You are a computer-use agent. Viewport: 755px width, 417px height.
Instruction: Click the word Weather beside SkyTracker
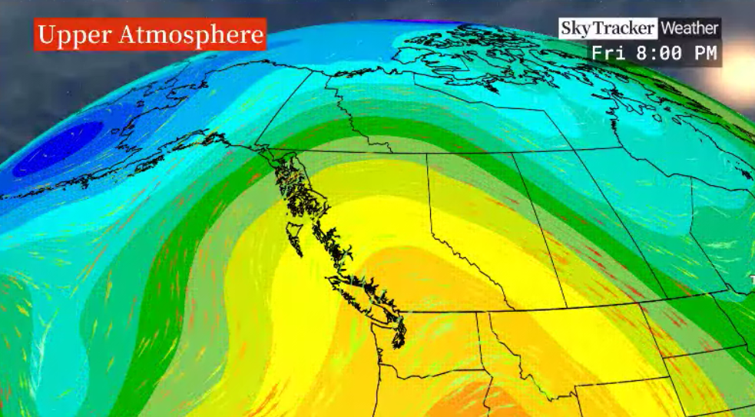click(689, 28)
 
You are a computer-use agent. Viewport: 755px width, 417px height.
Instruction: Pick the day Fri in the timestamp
click(606, 54)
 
